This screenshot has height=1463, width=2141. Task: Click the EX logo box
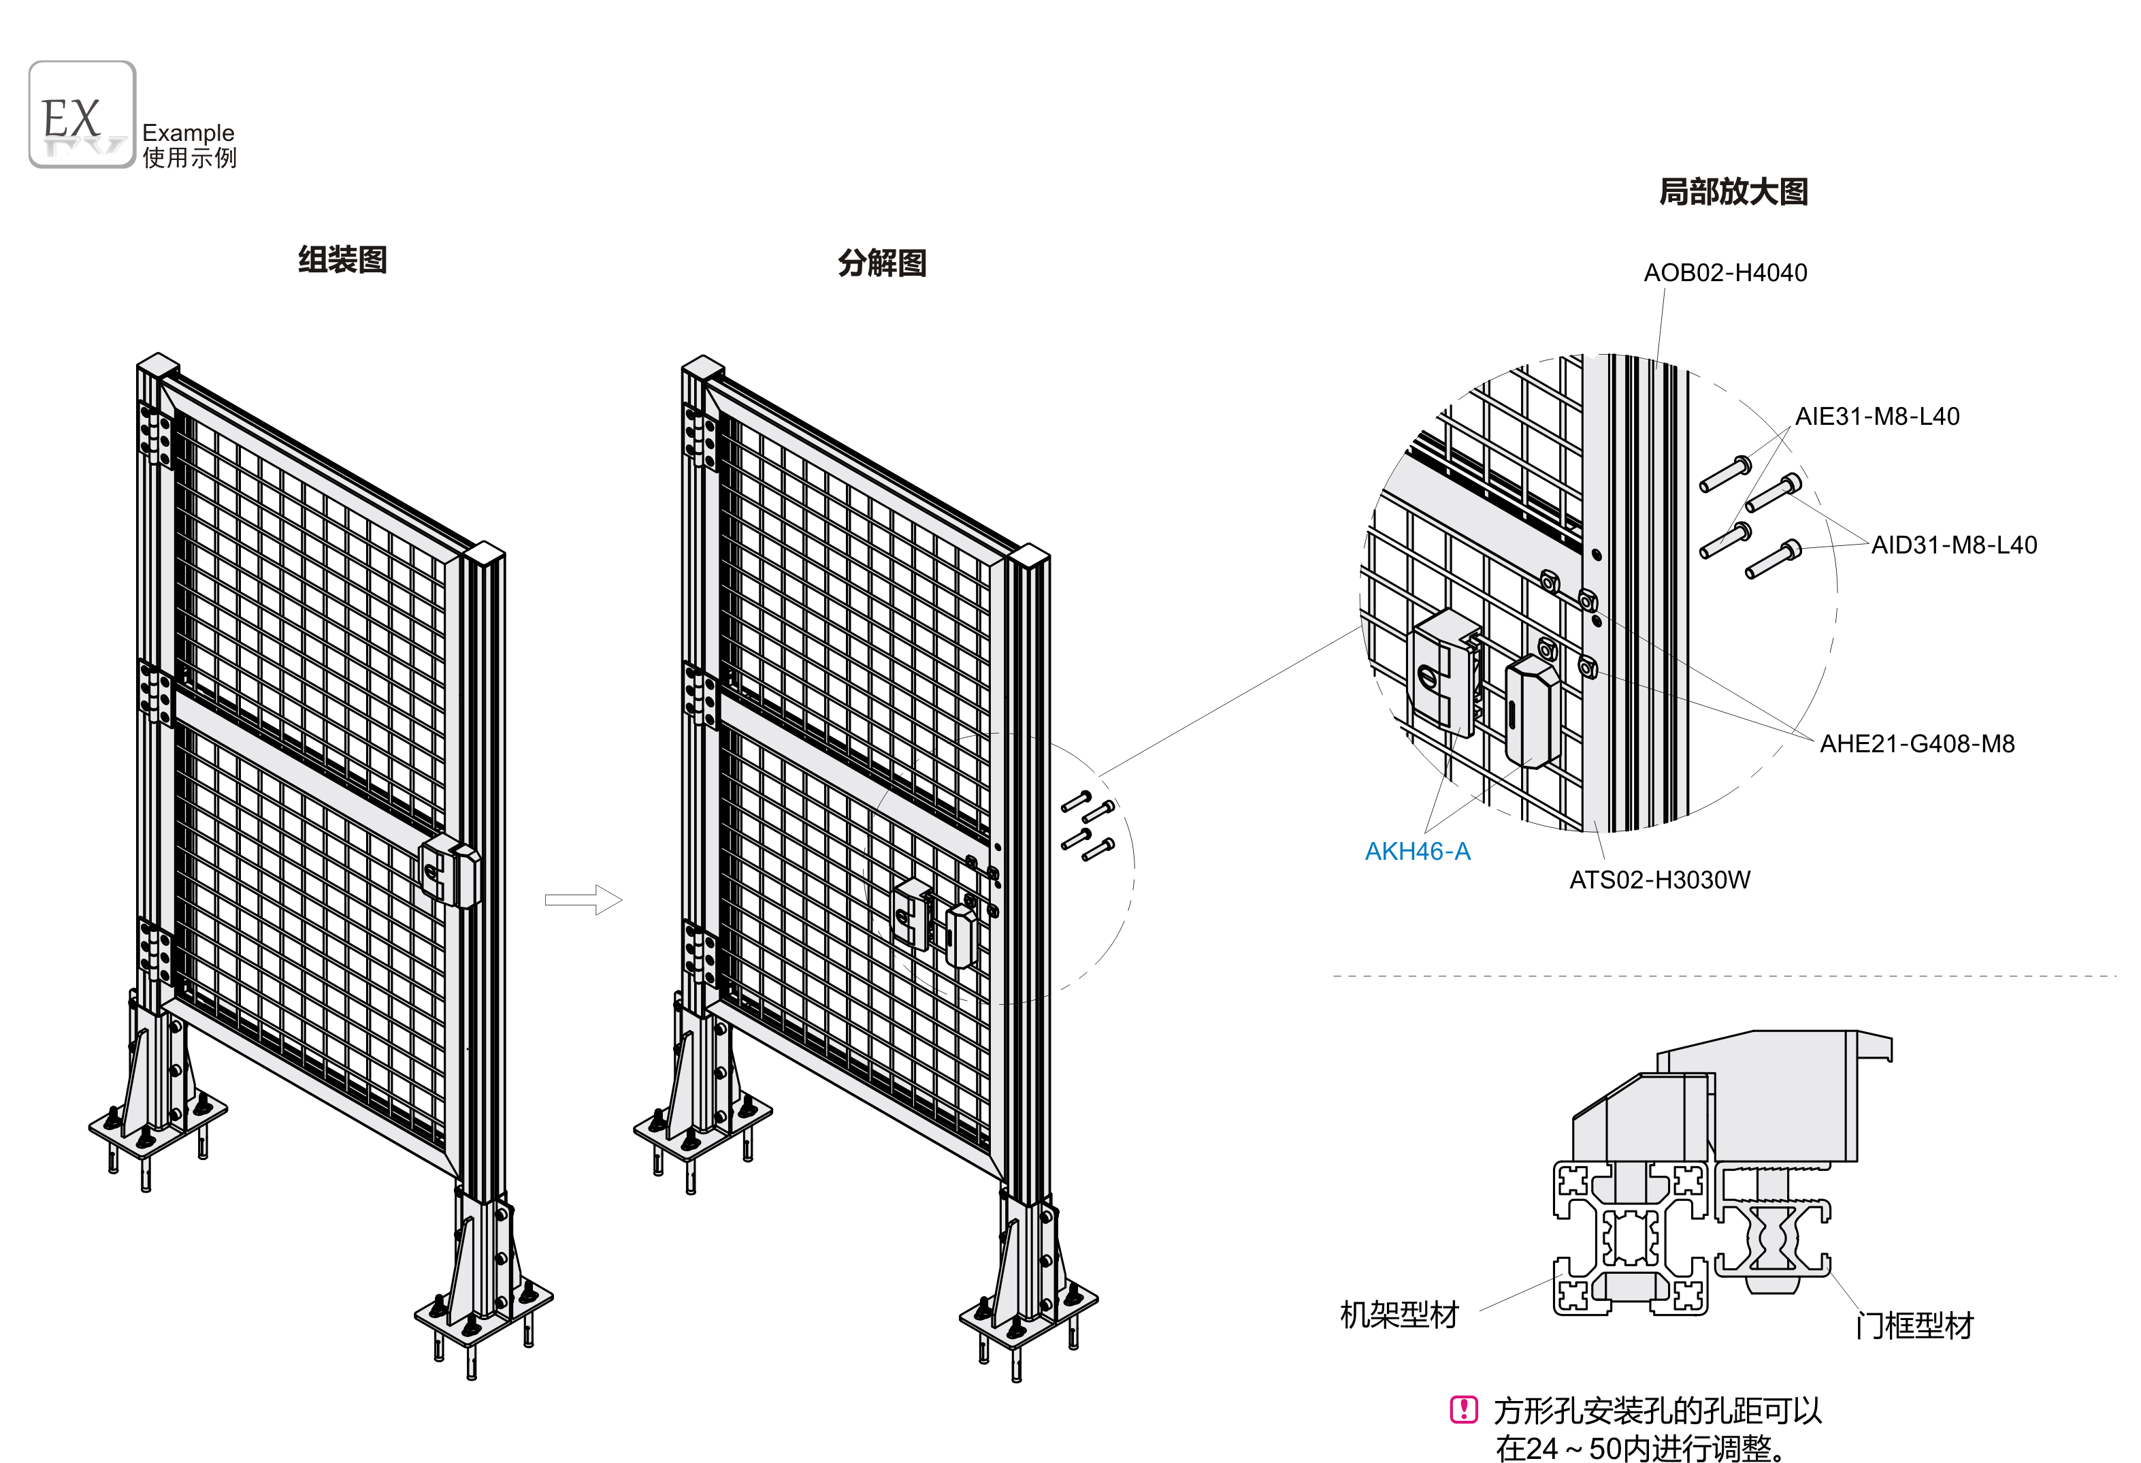[x=82, y=114]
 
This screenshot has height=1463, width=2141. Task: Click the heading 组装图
[x=342, y=260]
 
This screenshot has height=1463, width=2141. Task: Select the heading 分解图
[x=881, y=263]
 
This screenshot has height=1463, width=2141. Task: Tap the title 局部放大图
[x=1732, y=191]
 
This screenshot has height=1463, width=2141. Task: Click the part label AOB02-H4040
[x=1725, y=273]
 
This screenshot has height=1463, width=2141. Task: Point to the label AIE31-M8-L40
[x=1876, y=417]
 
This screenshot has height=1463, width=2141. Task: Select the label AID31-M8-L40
[x=1953, y=545]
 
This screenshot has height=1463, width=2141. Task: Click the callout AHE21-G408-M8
[x=1916, y=743]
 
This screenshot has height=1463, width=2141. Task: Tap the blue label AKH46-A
[x=1417, y=851]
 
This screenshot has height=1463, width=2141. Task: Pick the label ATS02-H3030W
[x=1659, y=880]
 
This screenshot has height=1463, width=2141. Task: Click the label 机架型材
[x=1399, y=1315]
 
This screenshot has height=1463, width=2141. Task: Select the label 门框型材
[x=1914, y=1325]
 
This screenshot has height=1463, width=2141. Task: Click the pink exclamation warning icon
[x=1463, y=1410]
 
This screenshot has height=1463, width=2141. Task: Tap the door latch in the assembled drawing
[x=450, y=871]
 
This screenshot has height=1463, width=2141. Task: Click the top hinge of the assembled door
[x=154, y=434]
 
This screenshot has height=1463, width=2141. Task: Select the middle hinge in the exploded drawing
[x=700, y=694]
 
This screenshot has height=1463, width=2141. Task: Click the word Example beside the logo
[x=188, y=133]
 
